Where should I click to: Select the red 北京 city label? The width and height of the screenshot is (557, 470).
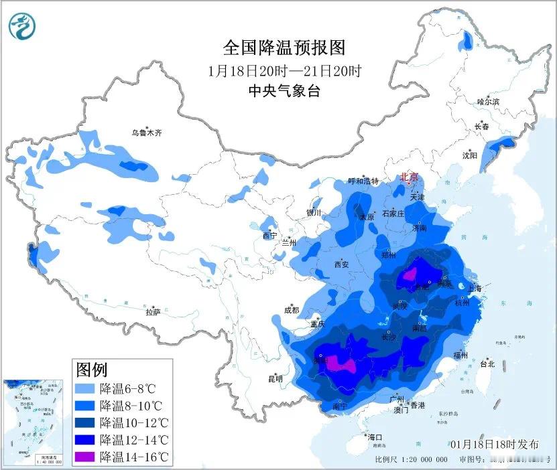pyautogui.click(x=410, y=177)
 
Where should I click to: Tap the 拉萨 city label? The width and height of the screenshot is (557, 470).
pyautogui.click(x=153, y=311)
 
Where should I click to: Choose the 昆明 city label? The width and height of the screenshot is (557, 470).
pyautogui.click(x=275, y=379)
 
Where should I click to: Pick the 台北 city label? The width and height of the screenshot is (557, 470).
pyautogui.click(x=487, y=364)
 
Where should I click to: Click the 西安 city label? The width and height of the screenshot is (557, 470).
pyautogui.click(x=341, y=264)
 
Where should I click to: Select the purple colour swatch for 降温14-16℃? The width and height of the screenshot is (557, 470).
pyautogui.click(x=86, y=457)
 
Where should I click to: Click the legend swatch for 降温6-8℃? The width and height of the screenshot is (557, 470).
pyautogui.click(x=86, y=388)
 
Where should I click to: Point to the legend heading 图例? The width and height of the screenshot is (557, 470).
pyautogui.click(x=92, y=369)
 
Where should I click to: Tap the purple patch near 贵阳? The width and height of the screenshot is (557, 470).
pyautogui.click(x=340, y=364)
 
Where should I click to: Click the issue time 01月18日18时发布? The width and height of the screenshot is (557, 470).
pyautogui.click(x=495, y=444)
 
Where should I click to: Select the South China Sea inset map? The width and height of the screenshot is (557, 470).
pyautogui.click(x=33, y=422)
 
